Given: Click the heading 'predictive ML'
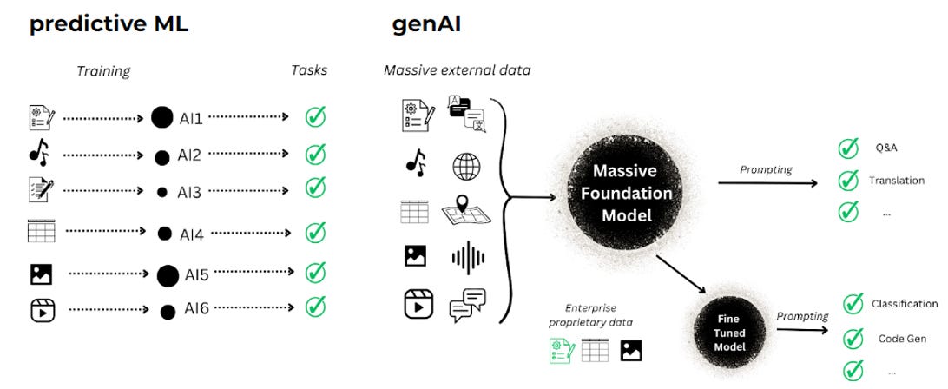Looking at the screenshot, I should point(108,23).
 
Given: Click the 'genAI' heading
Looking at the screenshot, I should point(426,23).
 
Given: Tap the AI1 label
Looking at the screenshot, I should point(192,117).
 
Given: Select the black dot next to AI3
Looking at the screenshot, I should point(161,193).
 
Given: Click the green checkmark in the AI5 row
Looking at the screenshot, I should point(315,273).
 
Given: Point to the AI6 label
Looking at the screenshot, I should point(195,309).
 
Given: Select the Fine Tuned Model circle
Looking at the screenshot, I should point(729,333).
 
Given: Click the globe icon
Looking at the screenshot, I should point(466,166).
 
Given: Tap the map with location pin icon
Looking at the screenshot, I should point(466,211).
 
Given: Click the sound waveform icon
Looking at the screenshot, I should point(468,259).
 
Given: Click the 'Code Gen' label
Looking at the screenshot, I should point(900,339).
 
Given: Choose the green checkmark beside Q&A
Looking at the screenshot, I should point(847,148).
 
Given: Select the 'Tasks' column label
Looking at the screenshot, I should point(309,69).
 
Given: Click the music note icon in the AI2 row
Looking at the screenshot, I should point(39,155).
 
